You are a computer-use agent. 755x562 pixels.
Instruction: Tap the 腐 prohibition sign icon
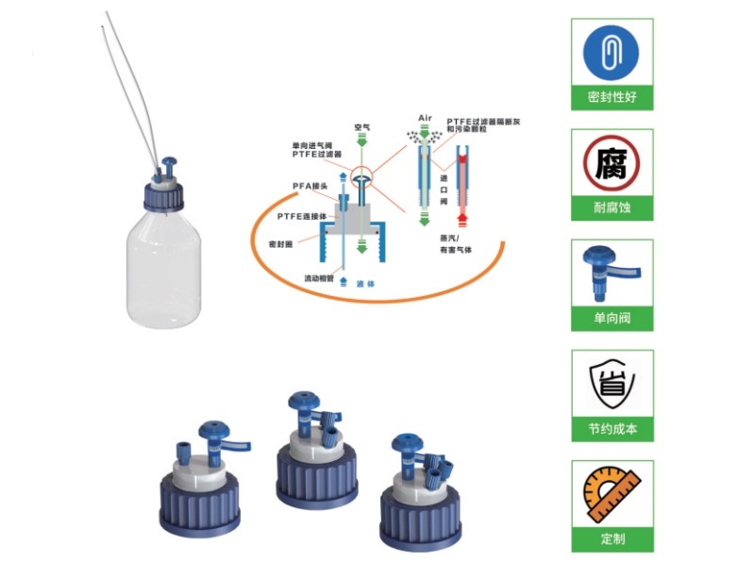[x=612, y=163]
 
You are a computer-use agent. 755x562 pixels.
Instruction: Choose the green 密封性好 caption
[x=612, y=97]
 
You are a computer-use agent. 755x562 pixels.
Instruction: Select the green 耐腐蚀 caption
[x=612, y=208]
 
